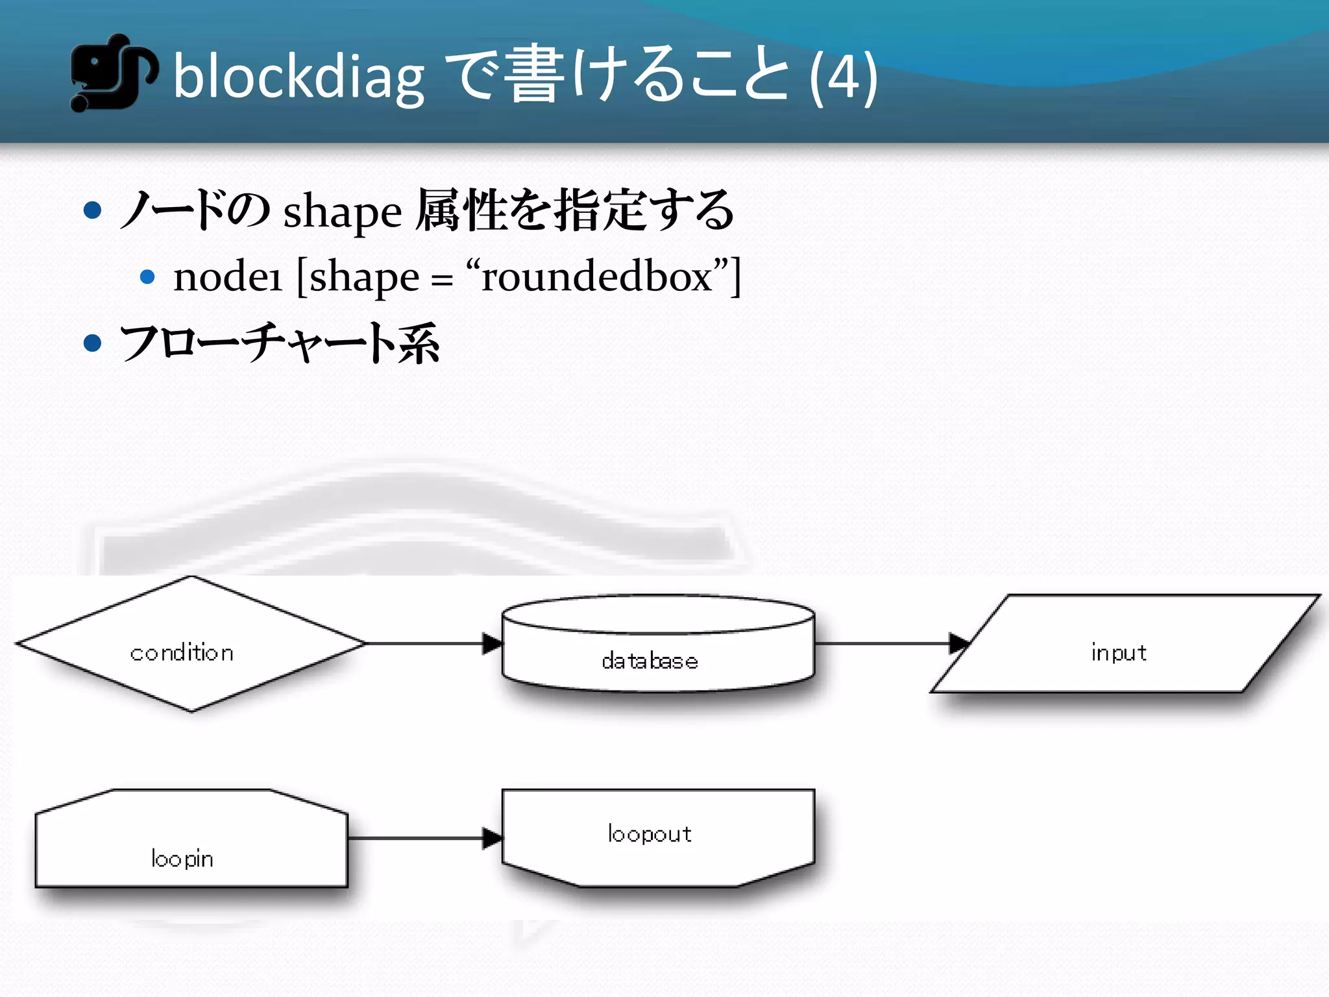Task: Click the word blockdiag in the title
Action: (299, 78)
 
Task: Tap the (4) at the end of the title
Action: (844, 78)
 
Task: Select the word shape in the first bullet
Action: (343, 213)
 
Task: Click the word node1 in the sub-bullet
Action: (227, 277)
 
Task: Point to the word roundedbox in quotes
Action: (597, 277)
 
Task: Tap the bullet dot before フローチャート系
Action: (93, 343)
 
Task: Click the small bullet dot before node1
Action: (147, 277)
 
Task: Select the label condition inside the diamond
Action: (182, 652)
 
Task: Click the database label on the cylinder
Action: (650, 661)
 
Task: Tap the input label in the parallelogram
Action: (1119, 652)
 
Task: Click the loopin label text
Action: (182, 859)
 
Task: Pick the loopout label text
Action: (650, 833)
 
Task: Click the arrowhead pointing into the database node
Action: (493, 644)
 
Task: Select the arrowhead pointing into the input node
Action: (958, 644)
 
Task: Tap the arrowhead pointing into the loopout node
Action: (493, 838)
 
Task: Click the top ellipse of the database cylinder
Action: (658, 613)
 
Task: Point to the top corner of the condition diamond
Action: (191, 577)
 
